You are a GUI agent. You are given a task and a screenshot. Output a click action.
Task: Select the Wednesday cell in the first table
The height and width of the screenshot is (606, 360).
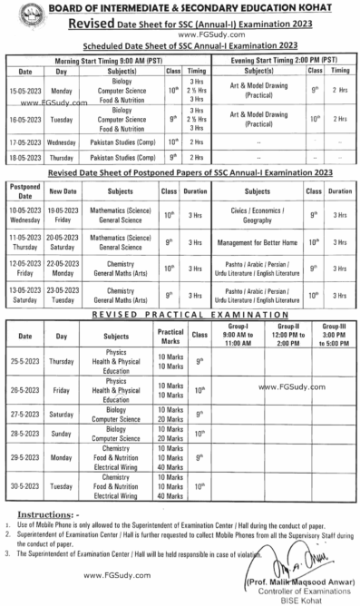click(x=63, y=142)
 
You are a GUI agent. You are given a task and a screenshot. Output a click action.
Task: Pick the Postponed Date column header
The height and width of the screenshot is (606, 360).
click(x=24, y=191)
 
